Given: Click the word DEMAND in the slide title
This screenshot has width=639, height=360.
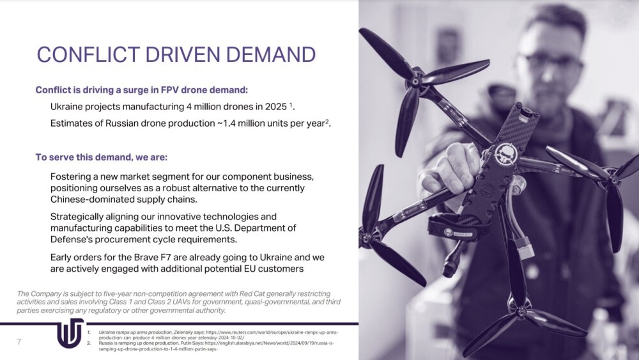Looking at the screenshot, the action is tap(270, 54).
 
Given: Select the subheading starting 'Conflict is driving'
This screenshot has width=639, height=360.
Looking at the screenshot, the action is tap(141, 90).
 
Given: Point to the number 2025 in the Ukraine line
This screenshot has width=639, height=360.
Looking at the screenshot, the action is tap(276, 106).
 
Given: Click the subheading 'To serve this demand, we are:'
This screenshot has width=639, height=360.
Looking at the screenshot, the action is tap(102, 157).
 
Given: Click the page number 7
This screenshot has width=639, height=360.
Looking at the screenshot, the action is tap(19, 341).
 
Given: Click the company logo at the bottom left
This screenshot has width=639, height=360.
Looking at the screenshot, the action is tap(70, 334).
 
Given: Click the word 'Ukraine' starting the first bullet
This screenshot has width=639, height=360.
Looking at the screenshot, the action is tap(65, 106).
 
